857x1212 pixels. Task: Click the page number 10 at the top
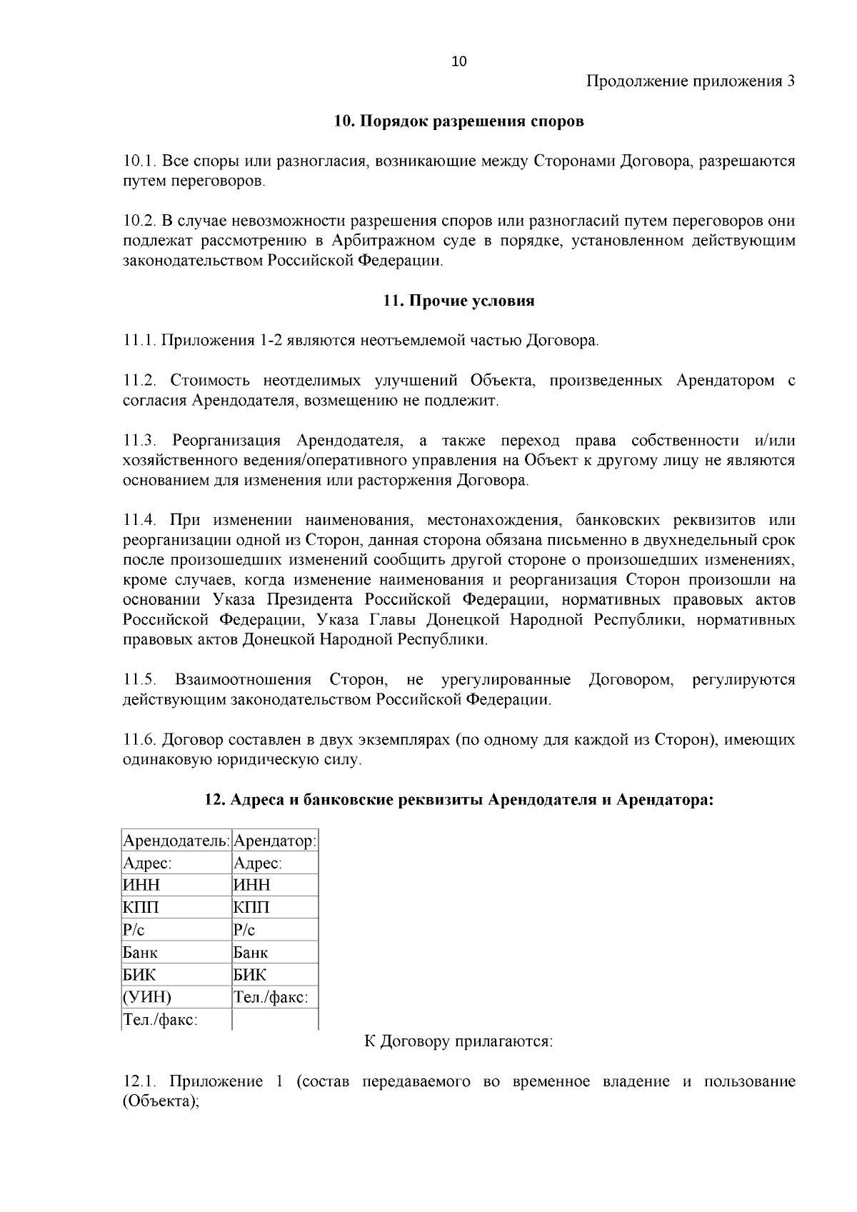[458, 61]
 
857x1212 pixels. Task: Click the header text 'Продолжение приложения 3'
[690, 81]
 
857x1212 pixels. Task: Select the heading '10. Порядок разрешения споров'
[458, 121]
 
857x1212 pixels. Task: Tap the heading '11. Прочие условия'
[458, 301]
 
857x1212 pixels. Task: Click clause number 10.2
[139, 221]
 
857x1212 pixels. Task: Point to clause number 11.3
[139, 440]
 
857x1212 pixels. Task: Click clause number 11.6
[139, 739]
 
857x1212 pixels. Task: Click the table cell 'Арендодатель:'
[176, 841]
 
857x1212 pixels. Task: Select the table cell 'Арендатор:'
[275, 841]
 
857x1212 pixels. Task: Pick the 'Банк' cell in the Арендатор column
[251, 952]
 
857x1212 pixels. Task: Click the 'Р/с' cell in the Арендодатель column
[134, 930]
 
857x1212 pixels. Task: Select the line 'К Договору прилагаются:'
[458, 1041]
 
